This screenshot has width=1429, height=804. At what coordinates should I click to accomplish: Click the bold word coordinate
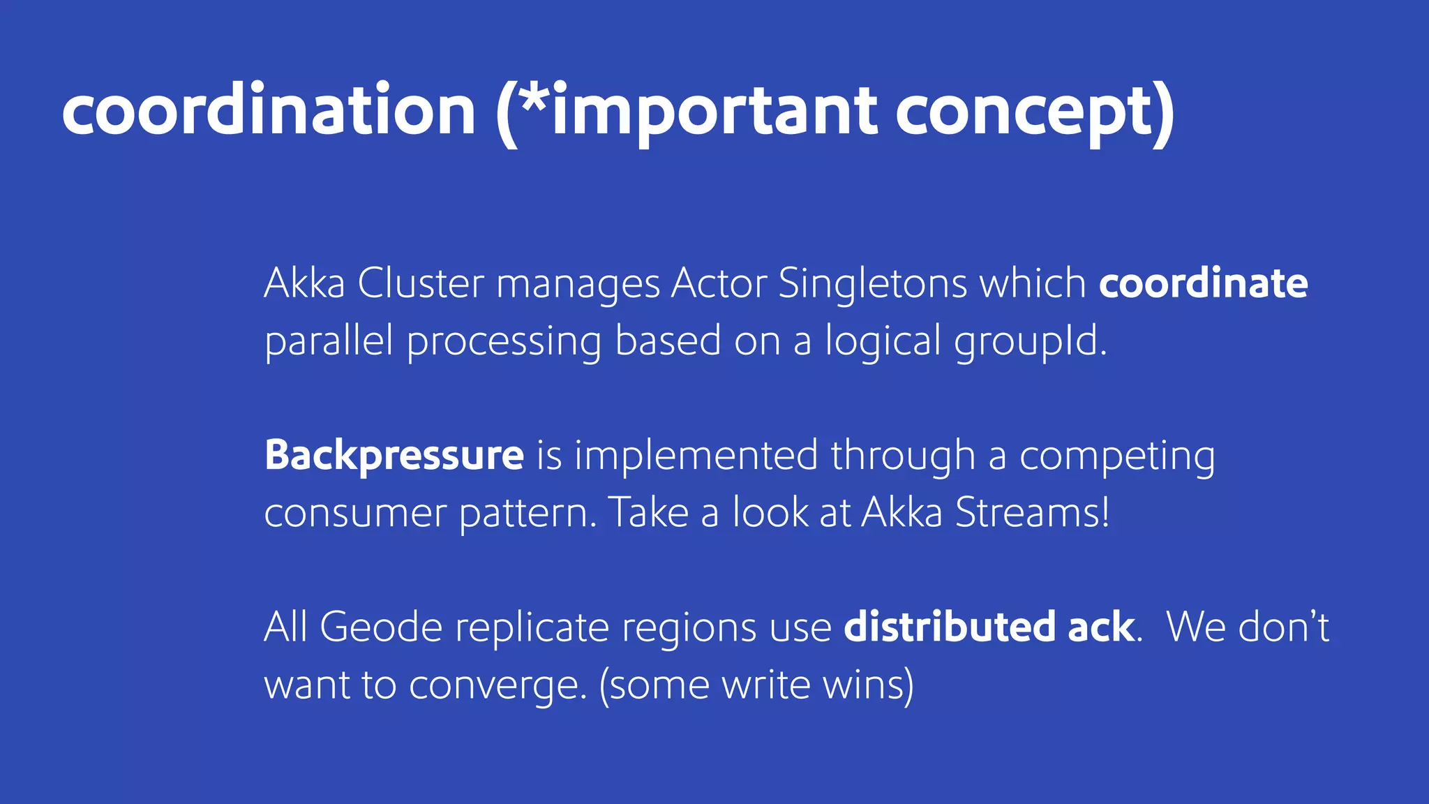[x=1203, y=283]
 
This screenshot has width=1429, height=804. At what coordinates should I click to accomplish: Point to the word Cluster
[x=421, y=283]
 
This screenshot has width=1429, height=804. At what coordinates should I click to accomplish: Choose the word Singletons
[x=872, y=285]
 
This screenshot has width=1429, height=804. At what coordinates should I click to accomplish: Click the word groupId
[x=1029, y=342]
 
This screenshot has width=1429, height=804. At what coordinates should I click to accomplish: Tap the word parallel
[x=329, y=342]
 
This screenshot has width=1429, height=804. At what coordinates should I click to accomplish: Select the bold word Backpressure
[x=394, y=456]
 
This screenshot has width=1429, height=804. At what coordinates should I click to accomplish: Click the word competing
[x=1116, y=456]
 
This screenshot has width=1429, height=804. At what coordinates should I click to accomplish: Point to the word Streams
[x=1031, y=513]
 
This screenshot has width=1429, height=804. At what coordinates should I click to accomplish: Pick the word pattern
[x=528, y=514]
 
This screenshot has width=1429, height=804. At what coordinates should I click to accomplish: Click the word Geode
[x=381, y=627]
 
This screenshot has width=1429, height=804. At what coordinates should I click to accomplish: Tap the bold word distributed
[x=949, y=627]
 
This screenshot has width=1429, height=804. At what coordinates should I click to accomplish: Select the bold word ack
[x=1100, y=627]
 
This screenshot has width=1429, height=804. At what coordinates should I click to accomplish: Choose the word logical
[x=883, y=342]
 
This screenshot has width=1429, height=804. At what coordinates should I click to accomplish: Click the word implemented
[x=696, y=456]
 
